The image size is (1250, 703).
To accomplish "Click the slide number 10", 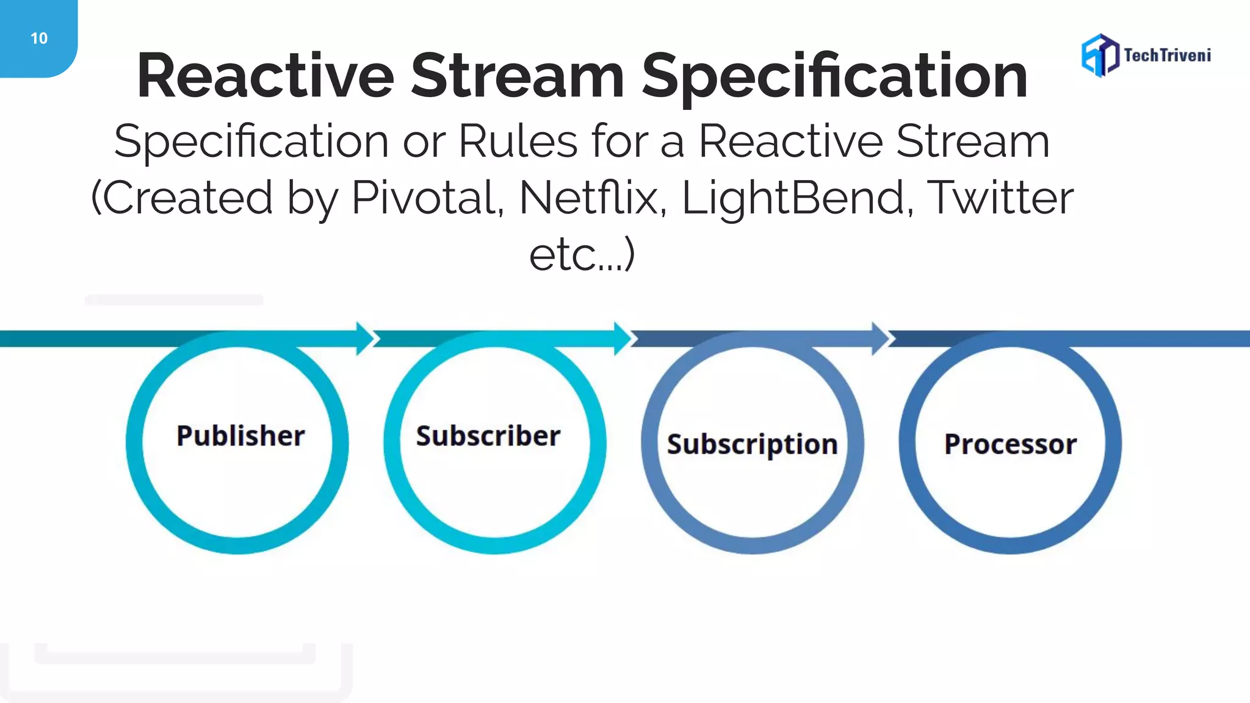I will (x=38, y=38).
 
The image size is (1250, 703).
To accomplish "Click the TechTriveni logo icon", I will (x=1100, y=55).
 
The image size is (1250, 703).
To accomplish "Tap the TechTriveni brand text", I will (x=1167, y=56).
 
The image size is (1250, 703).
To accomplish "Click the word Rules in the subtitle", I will (x=518, y=141).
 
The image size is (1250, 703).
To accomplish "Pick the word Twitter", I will (x=1000, y=198).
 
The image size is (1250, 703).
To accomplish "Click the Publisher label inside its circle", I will (x=240, y=436).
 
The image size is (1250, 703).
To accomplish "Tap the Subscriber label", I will (x=488, y=436).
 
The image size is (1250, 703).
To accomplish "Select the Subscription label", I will (x=752, y=444).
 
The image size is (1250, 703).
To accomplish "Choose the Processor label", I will (x=1010, y=444).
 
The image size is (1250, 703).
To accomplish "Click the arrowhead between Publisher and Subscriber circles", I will (x=366, y=338).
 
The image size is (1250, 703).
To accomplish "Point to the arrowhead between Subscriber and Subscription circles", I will (x=623, y=338).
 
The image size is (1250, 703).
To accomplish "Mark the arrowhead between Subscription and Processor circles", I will (x=881, y=338).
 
